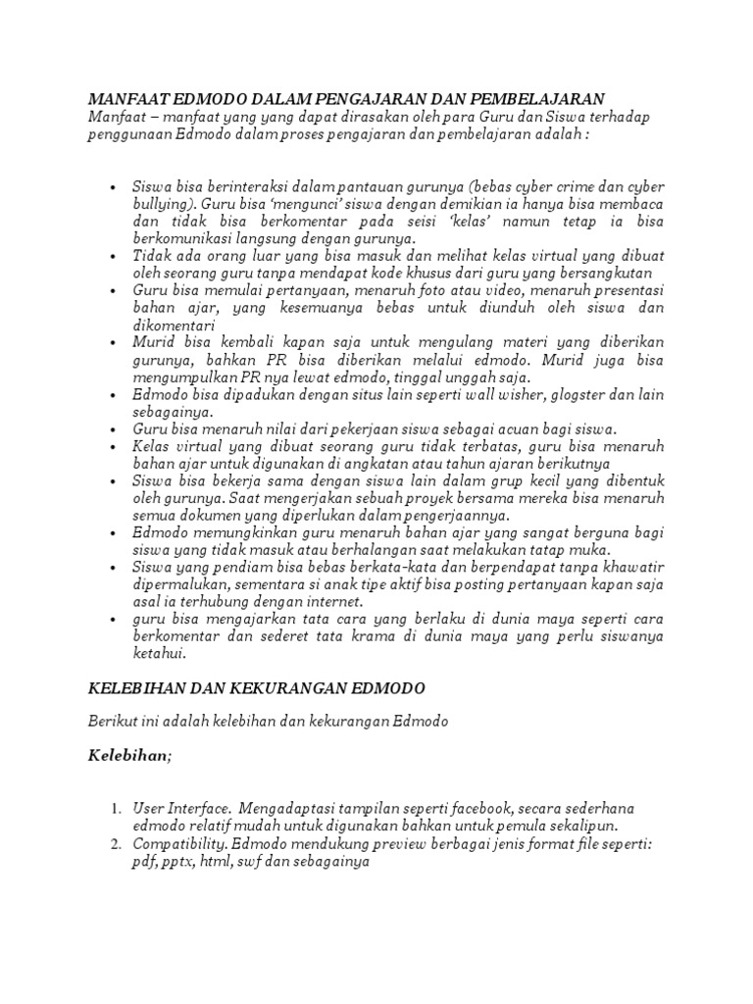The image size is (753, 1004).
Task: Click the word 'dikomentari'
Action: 173,326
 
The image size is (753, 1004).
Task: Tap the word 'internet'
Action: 331,601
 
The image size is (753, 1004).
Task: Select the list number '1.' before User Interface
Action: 115,808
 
